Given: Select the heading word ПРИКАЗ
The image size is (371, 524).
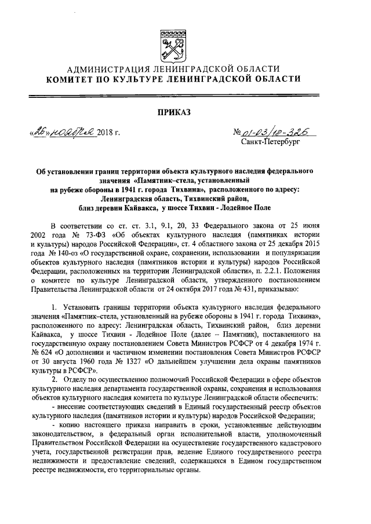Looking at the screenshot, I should (185, 111).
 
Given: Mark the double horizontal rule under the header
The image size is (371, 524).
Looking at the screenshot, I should (185, 94).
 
